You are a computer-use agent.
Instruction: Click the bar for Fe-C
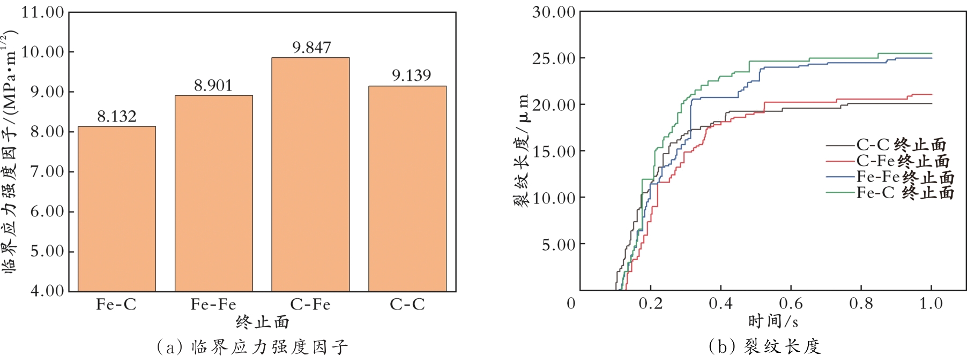pos(117,209)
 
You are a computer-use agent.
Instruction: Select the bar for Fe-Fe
pos(213,193)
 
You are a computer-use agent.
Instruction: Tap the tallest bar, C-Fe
pos(310,174)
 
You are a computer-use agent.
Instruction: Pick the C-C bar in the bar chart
pos(407,188)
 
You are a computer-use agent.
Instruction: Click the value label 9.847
pos(311,48)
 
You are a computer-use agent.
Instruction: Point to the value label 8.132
pos(117,117)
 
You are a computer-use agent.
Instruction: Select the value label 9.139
pos(411,75)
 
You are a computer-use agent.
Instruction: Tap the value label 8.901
pos(213,86)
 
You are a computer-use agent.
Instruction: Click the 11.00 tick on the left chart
pos(42,12)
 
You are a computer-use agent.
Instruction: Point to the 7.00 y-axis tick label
pos(47,172)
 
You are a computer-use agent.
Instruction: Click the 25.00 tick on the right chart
pos(554,58)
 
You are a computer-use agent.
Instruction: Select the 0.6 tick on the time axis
pos(791,304)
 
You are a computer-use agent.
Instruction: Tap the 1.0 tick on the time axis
pos(931,304)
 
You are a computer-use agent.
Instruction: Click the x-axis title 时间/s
pos(773,321)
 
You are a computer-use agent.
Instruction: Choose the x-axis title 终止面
pos(262,322)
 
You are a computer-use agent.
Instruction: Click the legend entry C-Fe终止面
pos(903,161)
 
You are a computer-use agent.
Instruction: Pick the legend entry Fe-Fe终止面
pos(905,177)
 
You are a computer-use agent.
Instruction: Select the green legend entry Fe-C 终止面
pos(905,193)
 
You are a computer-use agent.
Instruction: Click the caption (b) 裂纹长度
pos(764,347)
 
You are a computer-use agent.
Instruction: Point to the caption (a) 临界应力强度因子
pos(252,347)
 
